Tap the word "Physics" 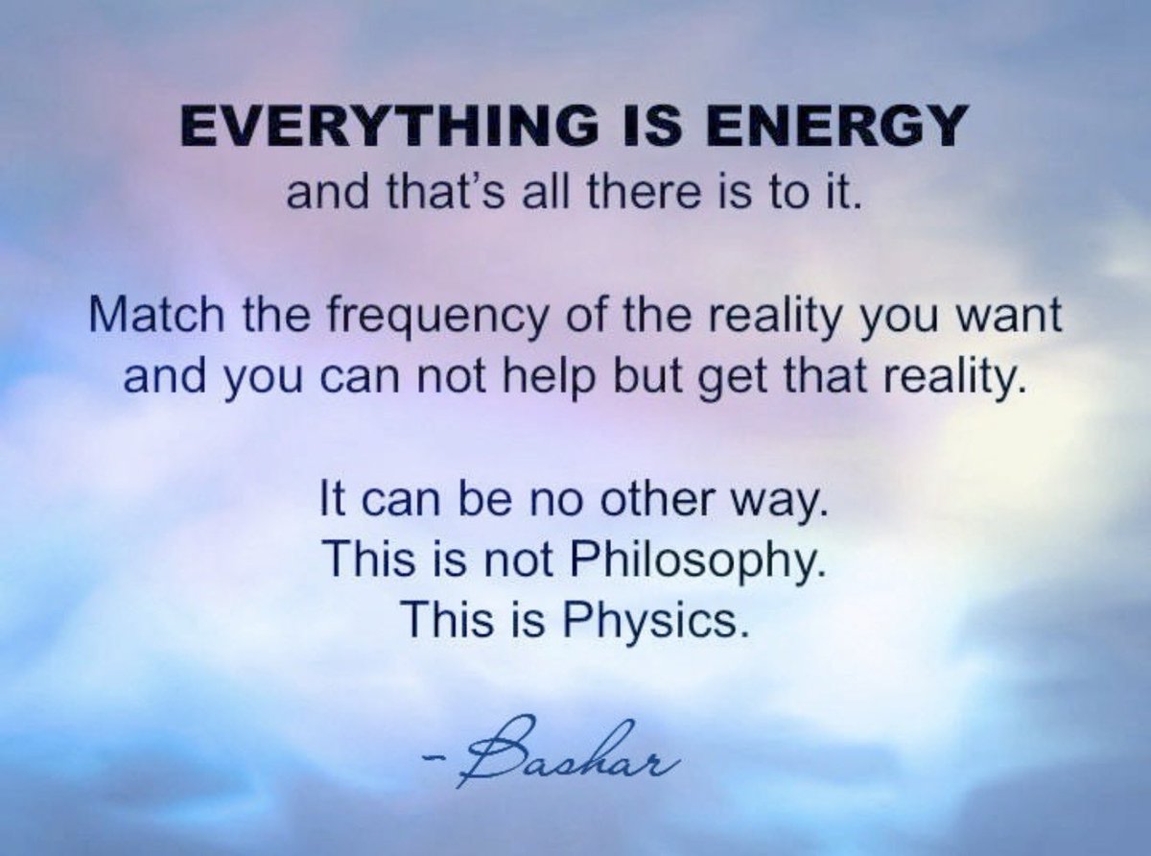pyautogui.click(x=653, y=621)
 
